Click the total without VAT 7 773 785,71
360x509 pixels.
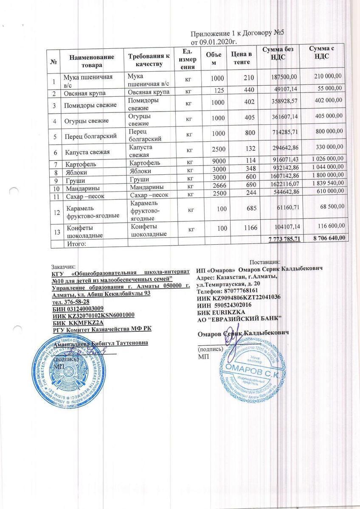[284, 240]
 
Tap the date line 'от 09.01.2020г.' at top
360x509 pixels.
[214, 42]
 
